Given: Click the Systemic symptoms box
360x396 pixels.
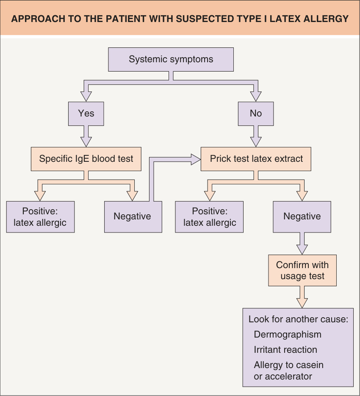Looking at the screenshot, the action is tap(171, 59).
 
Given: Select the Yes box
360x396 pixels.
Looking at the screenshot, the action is tap(86, 114).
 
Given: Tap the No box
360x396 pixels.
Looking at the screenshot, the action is tap(256, 114).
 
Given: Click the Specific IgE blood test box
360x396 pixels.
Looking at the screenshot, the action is tap(86, 159).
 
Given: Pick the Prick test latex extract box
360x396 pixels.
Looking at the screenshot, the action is tap(256, 159).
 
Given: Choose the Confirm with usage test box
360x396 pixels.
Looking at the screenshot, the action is tap(302, 270).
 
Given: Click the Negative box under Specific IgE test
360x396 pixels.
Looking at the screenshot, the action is tap(133, 217).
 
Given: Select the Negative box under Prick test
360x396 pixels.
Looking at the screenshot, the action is tap(302, 217).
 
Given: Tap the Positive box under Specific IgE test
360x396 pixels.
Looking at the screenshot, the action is tap(40, 217).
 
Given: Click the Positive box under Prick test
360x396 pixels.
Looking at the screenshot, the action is tap(209, 217).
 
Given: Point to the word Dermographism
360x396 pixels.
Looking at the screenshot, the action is tap(288, 335).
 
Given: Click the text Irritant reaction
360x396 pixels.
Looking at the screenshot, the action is tap(285, 350).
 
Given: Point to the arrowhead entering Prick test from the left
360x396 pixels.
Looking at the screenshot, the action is tap(196, 159).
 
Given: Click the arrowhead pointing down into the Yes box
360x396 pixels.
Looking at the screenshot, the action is tap(86, 97).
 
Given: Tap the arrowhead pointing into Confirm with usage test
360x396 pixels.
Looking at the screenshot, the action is tap(302, 249).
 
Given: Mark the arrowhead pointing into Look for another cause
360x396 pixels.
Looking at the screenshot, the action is tap(302, 303).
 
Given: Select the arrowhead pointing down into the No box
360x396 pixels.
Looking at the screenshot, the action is tap(256, 97).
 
